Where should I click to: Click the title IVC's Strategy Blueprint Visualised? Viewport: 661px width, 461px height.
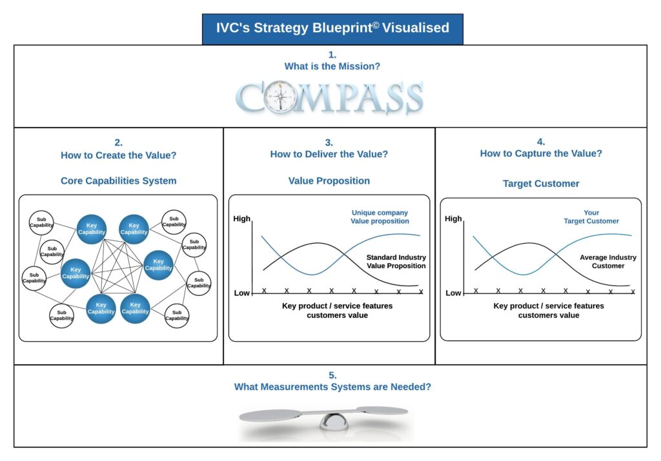point(332,28)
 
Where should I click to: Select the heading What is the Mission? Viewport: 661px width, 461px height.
point(332,66)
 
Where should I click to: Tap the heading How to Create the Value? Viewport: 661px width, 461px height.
point(119,155)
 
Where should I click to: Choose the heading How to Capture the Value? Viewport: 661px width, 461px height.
point(541,153)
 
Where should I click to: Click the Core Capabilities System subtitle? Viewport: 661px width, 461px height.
point(119,181)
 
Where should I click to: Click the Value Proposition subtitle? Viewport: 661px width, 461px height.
point(329,181)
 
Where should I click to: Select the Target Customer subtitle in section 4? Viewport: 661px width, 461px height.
point(541,183)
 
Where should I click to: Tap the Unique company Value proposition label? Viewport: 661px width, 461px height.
point(380,217)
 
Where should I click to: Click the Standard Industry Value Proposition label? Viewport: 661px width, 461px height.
point(396,261)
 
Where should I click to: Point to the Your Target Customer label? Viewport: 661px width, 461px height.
point(591,217)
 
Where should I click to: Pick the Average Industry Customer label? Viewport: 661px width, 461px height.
point(607,261)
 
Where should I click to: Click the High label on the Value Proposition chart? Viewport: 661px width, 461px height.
point(241,219)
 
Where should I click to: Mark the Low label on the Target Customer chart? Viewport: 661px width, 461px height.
point(453,293)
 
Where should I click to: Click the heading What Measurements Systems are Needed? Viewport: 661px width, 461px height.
point(332,387)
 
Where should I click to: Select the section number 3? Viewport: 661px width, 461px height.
point(329,142)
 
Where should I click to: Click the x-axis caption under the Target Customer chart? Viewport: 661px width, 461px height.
point(548,310)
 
